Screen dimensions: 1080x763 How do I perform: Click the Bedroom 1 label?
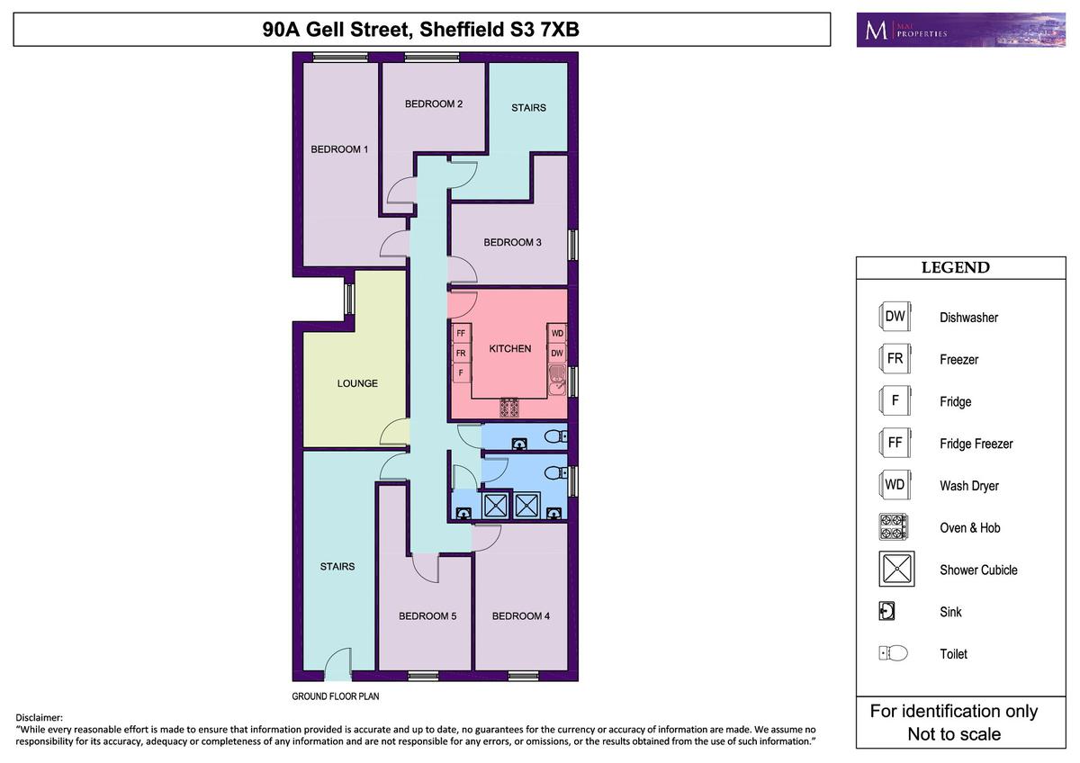(x=339, y=149)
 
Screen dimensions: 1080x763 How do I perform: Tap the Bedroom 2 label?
(x=434, y=103)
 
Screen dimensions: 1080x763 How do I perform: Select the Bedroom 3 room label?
(x=512, y=242)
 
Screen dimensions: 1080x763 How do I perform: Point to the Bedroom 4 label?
(x=521, y=615)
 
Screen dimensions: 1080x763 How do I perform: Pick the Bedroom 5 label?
(x=427, y=615)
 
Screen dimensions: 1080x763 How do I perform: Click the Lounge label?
(x=357, y=383)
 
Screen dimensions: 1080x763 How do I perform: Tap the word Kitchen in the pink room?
(x=510, y=348)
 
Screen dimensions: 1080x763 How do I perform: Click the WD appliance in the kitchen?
(x=557, y=333)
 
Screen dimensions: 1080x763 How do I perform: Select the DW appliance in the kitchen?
(x=557, y=353)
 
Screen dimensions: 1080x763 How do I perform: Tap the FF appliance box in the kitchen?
(x=461, y=333)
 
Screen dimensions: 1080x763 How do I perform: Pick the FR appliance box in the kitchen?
(x=461, y=353)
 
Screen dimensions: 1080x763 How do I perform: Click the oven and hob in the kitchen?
(x=509, y=408)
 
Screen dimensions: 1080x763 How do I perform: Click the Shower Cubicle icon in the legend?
(x=896, y=569)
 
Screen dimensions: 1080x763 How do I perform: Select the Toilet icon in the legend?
(x=893, y=653)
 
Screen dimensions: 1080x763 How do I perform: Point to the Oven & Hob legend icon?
(x=894, y=527)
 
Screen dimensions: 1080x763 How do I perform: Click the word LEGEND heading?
(x=956, y=267)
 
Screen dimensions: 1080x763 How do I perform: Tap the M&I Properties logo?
(x=960, y=30)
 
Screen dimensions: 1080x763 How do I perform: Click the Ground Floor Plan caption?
(x=336, y=696)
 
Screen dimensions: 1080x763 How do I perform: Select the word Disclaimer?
(x=39, y=717)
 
